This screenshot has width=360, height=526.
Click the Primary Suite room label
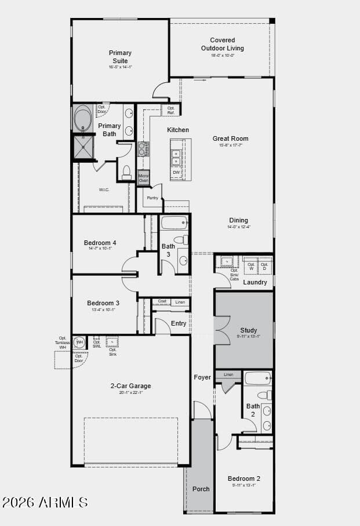[120, 57]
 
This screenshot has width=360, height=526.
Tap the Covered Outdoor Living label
[223, 45]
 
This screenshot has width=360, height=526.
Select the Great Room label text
[230, 138]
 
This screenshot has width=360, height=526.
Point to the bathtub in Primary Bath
[82, 119]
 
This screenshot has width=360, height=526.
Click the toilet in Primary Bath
[126, 171]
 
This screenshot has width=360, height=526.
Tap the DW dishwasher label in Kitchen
[176, 172]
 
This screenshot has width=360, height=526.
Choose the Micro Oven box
[143, 178]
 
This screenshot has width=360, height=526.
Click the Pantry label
[152, 198]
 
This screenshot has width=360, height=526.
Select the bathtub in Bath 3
[174, 222]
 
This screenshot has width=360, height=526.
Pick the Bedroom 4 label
[100, 243]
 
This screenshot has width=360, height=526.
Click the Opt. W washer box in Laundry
[251, 266]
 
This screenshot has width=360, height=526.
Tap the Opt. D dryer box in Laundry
[265, 266]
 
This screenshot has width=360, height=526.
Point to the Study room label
[248, 330]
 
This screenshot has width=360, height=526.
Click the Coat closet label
[162, 301]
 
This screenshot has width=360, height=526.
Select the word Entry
[179, 323]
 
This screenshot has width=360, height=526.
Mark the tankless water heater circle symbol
[79, 342]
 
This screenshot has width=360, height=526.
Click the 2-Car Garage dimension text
[130, 393]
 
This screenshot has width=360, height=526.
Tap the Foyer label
[202, 377]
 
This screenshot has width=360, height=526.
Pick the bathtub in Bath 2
[257, 378]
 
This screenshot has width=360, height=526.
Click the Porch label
[201, 489]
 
